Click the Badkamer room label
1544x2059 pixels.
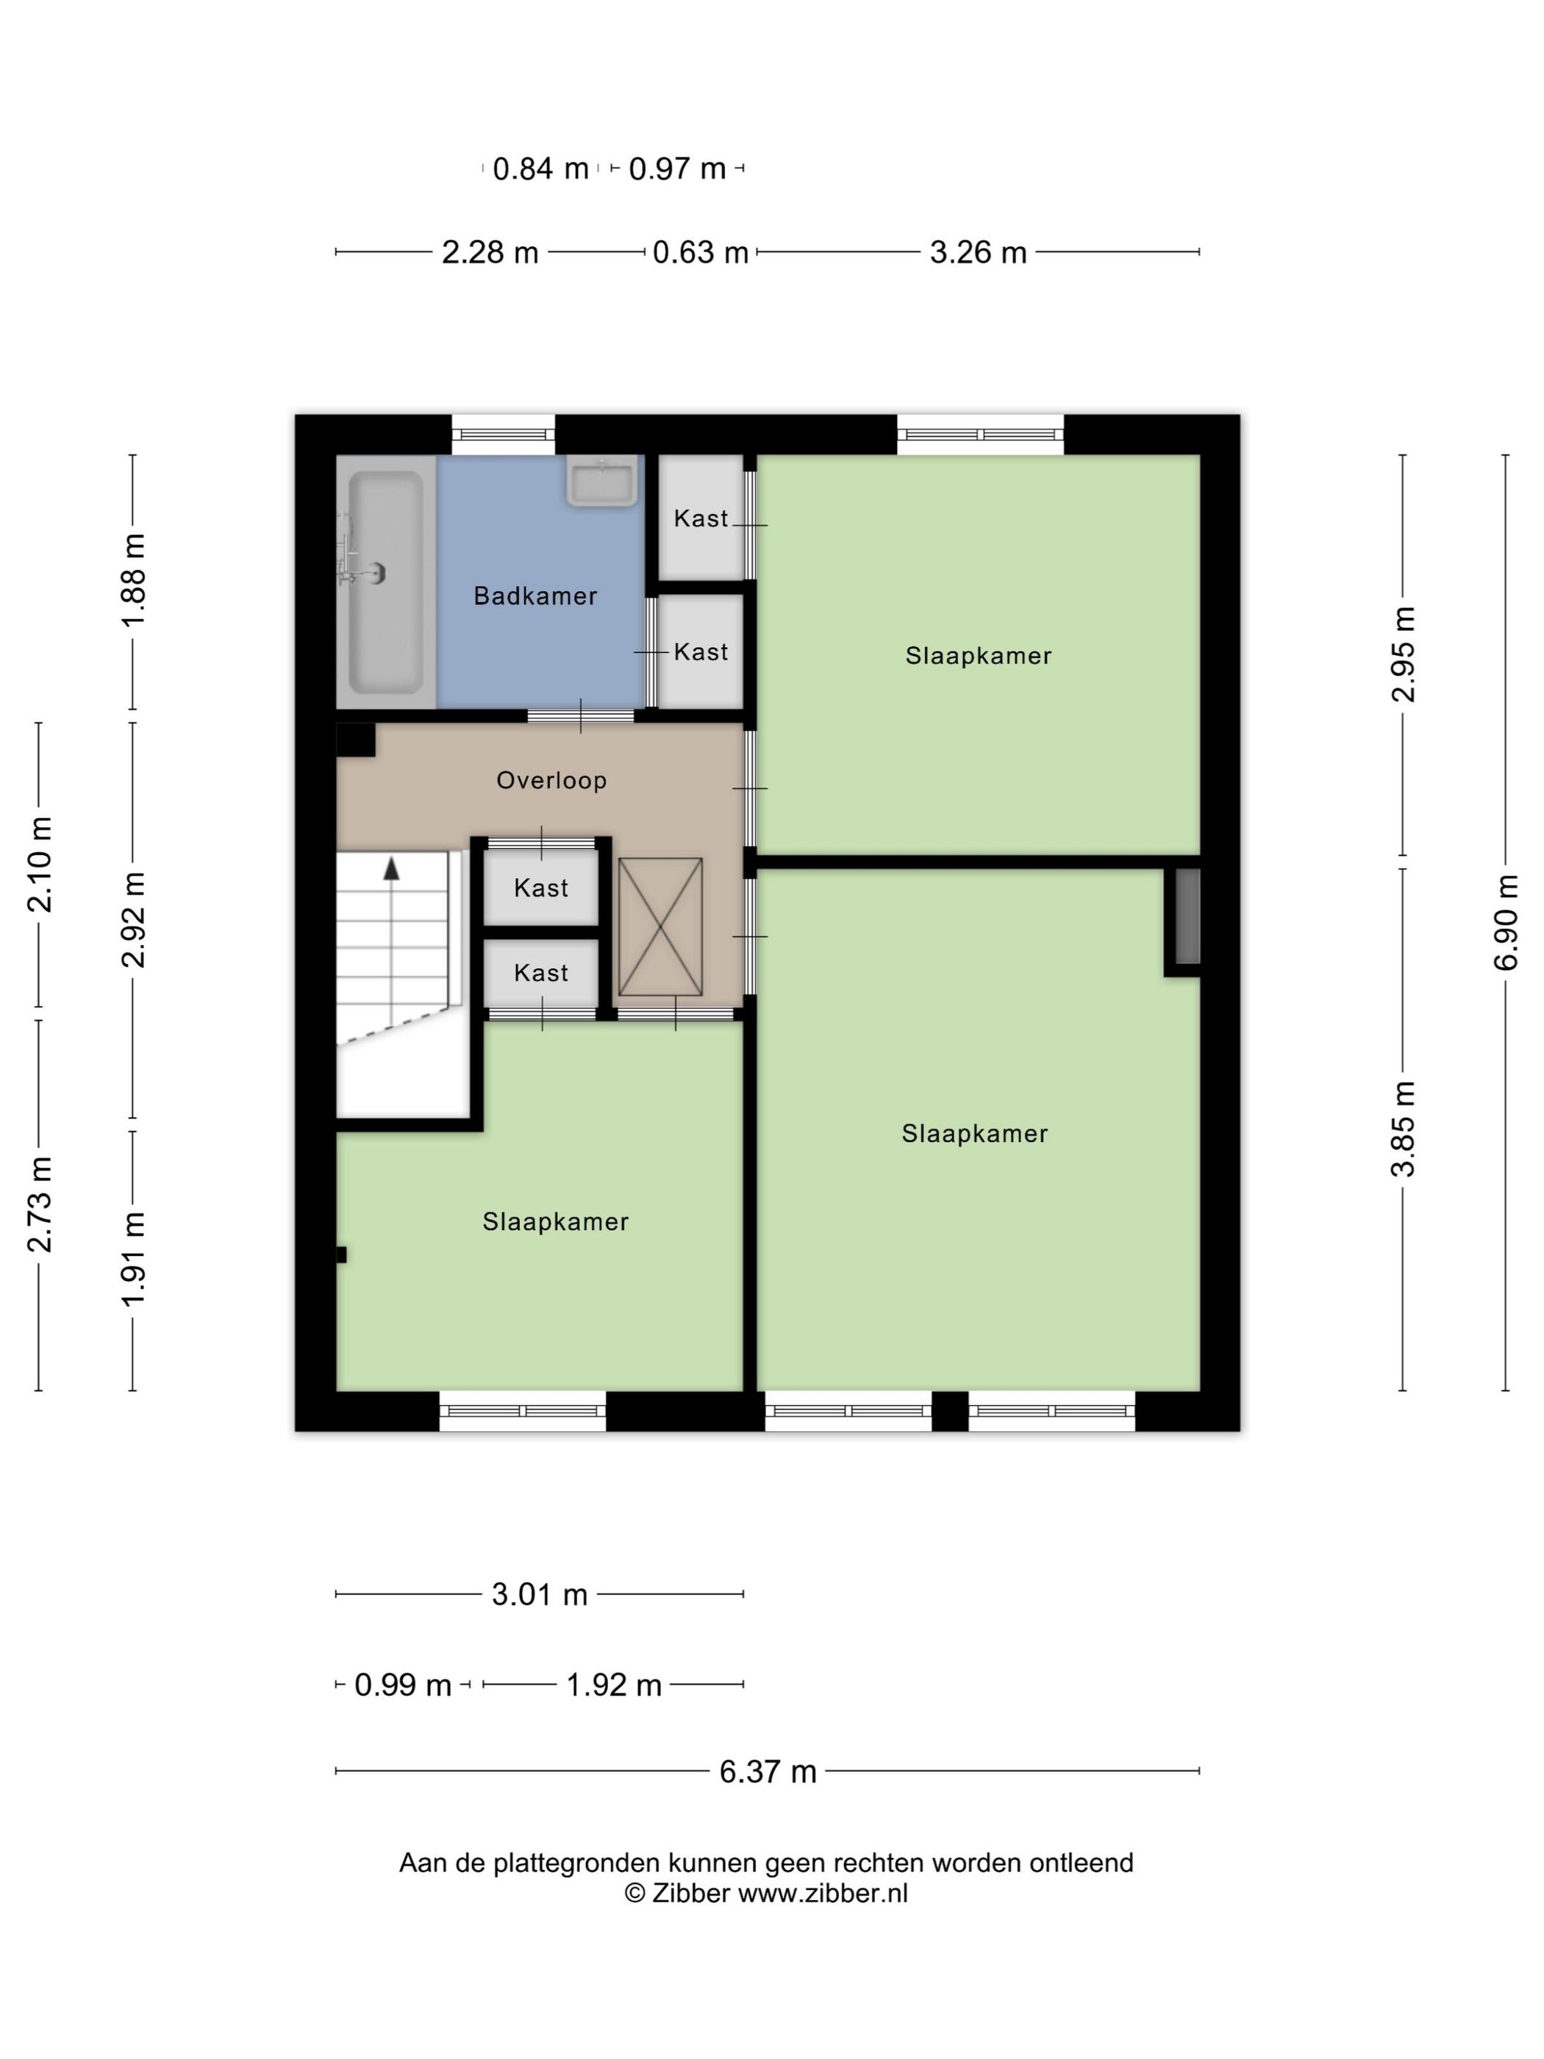coord(535,596)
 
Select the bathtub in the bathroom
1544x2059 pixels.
coord(385,582)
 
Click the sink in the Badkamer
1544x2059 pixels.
coord(602,483)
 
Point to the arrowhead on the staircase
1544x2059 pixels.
coord(392,868)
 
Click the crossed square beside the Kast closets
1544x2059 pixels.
coord(660,927)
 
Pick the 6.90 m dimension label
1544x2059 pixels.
coord(1507,922)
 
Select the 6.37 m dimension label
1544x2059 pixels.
coord(768,1771)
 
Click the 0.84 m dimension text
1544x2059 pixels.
coord(540,168)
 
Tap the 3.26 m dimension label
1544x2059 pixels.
coord(978,252)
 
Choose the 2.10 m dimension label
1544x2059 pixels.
coord(40,864)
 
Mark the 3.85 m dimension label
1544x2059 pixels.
coord(1404,1128)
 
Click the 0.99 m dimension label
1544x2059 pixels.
coord(403,1685)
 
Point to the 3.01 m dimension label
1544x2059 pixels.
coord(540,1594)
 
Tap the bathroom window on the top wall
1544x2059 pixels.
coord(504,435)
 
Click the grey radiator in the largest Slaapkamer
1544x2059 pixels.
coord(1187,916)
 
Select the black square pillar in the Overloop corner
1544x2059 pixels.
coord(356,740)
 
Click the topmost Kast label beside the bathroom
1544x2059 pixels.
coord(701,518)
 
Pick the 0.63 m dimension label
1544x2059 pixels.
coord(701,252)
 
